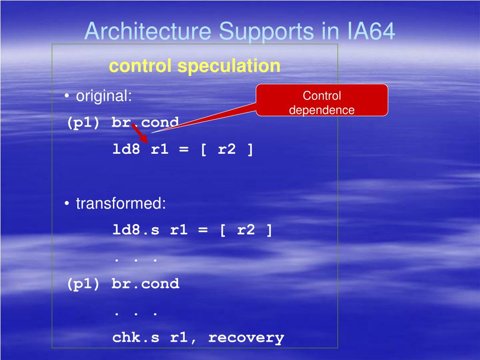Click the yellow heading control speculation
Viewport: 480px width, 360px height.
pyautogui.click(x=195, y=66)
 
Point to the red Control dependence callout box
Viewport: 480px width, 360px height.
pyautogui.click(x=322, y=100)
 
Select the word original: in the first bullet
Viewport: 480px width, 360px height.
pyautogui.click(x=104, y=97)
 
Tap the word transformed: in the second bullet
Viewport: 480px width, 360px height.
pyautogui.click(x=121, y=203)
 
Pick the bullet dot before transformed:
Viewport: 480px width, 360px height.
pyautogui.click(x=67, y=204)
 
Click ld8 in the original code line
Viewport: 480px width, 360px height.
pyautogui.click(x=126, y=150)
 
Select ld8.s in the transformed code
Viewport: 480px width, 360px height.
pyautogui.click(x=136, y=230)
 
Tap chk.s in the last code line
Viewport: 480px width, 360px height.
pyautogui.click(x=136, y=337)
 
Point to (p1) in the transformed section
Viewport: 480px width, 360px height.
pyautogui.click(x=83, y=284)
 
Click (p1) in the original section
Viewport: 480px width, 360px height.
pyautogui.click(x=83, y=123)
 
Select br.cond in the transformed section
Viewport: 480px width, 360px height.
pyautogui.click(x=145, y=284)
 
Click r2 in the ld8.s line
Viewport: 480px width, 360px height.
pyautogui.click(x=246, y=230)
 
